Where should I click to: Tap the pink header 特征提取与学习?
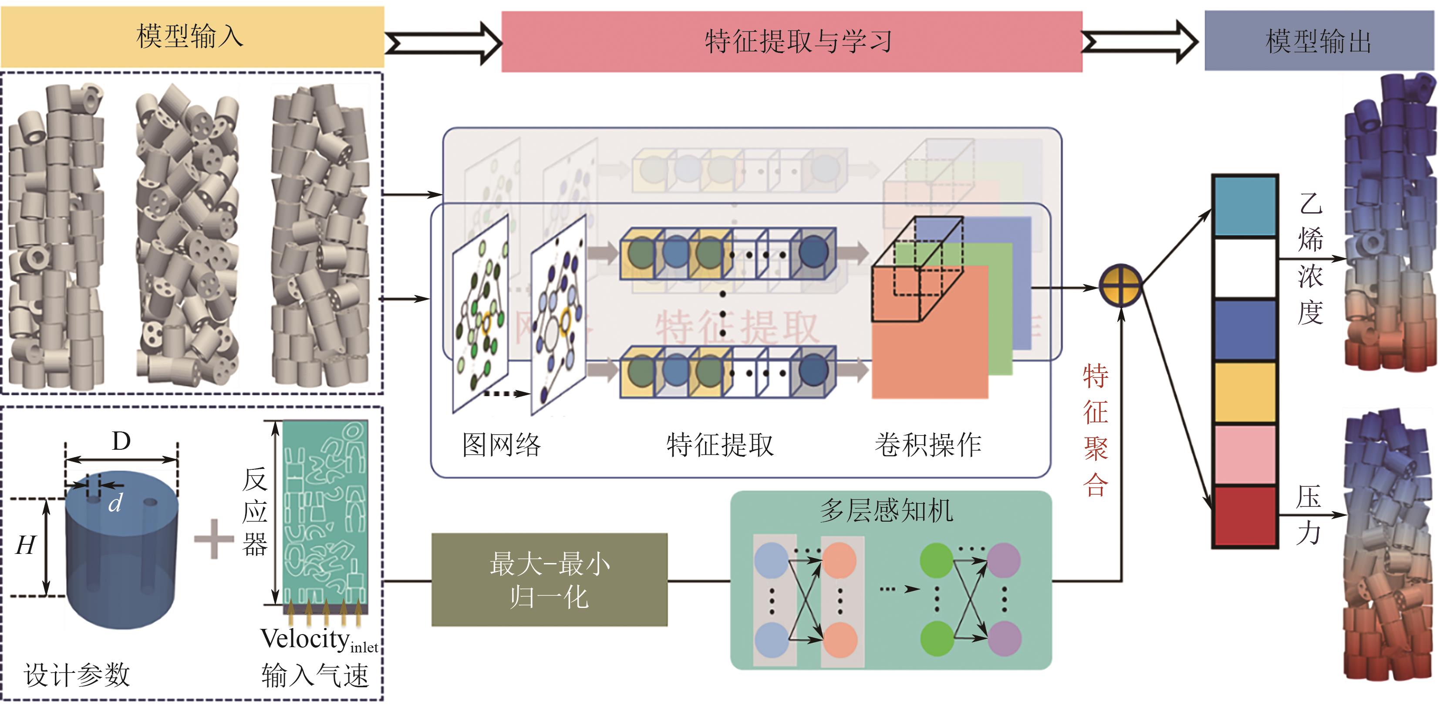point(791,42)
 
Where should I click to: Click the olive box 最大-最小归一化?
point(549,580)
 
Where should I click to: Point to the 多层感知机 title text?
point(887,510)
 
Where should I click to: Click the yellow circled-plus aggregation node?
point(1120,286)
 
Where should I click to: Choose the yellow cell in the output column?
point(1245,392)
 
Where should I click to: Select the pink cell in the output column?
point(1245,454)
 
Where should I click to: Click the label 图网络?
point(501,445)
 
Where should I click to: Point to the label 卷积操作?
point(928,445)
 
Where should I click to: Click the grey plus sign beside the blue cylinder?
point(213,539)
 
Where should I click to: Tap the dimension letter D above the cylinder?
point(121,441)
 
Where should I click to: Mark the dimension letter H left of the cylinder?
point(26,545)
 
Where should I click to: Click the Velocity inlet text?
point(319,639)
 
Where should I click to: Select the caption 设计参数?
point(77,675)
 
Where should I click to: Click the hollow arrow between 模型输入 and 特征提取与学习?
point(443,43)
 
